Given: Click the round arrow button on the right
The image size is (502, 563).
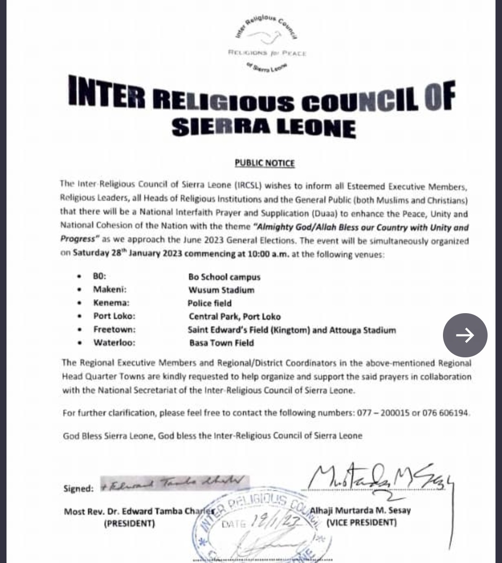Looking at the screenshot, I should [465, 335].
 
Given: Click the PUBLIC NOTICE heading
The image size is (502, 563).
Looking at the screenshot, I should [264, 163].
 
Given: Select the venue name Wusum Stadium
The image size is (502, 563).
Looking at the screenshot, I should [221, 290].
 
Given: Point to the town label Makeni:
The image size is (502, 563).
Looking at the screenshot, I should [110, 289].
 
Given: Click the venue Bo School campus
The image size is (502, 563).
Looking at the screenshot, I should [224, 277].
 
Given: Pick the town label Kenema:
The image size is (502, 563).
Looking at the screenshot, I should [111, 303].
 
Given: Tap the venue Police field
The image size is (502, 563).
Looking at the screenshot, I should [209, 303].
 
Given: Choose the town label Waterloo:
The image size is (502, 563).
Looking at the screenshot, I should [114, 343].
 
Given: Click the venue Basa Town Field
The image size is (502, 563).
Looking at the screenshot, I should [221, 343].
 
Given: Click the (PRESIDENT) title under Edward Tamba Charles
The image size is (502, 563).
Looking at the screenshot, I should [129, 523].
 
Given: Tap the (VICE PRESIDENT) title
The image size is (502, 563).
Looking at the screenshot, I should [362, 523].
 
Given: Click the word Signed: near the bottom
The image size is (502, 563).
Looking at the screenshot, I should [79, 489].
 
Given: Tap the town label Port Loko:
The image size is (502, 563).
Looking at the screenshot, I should [114, 316].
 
